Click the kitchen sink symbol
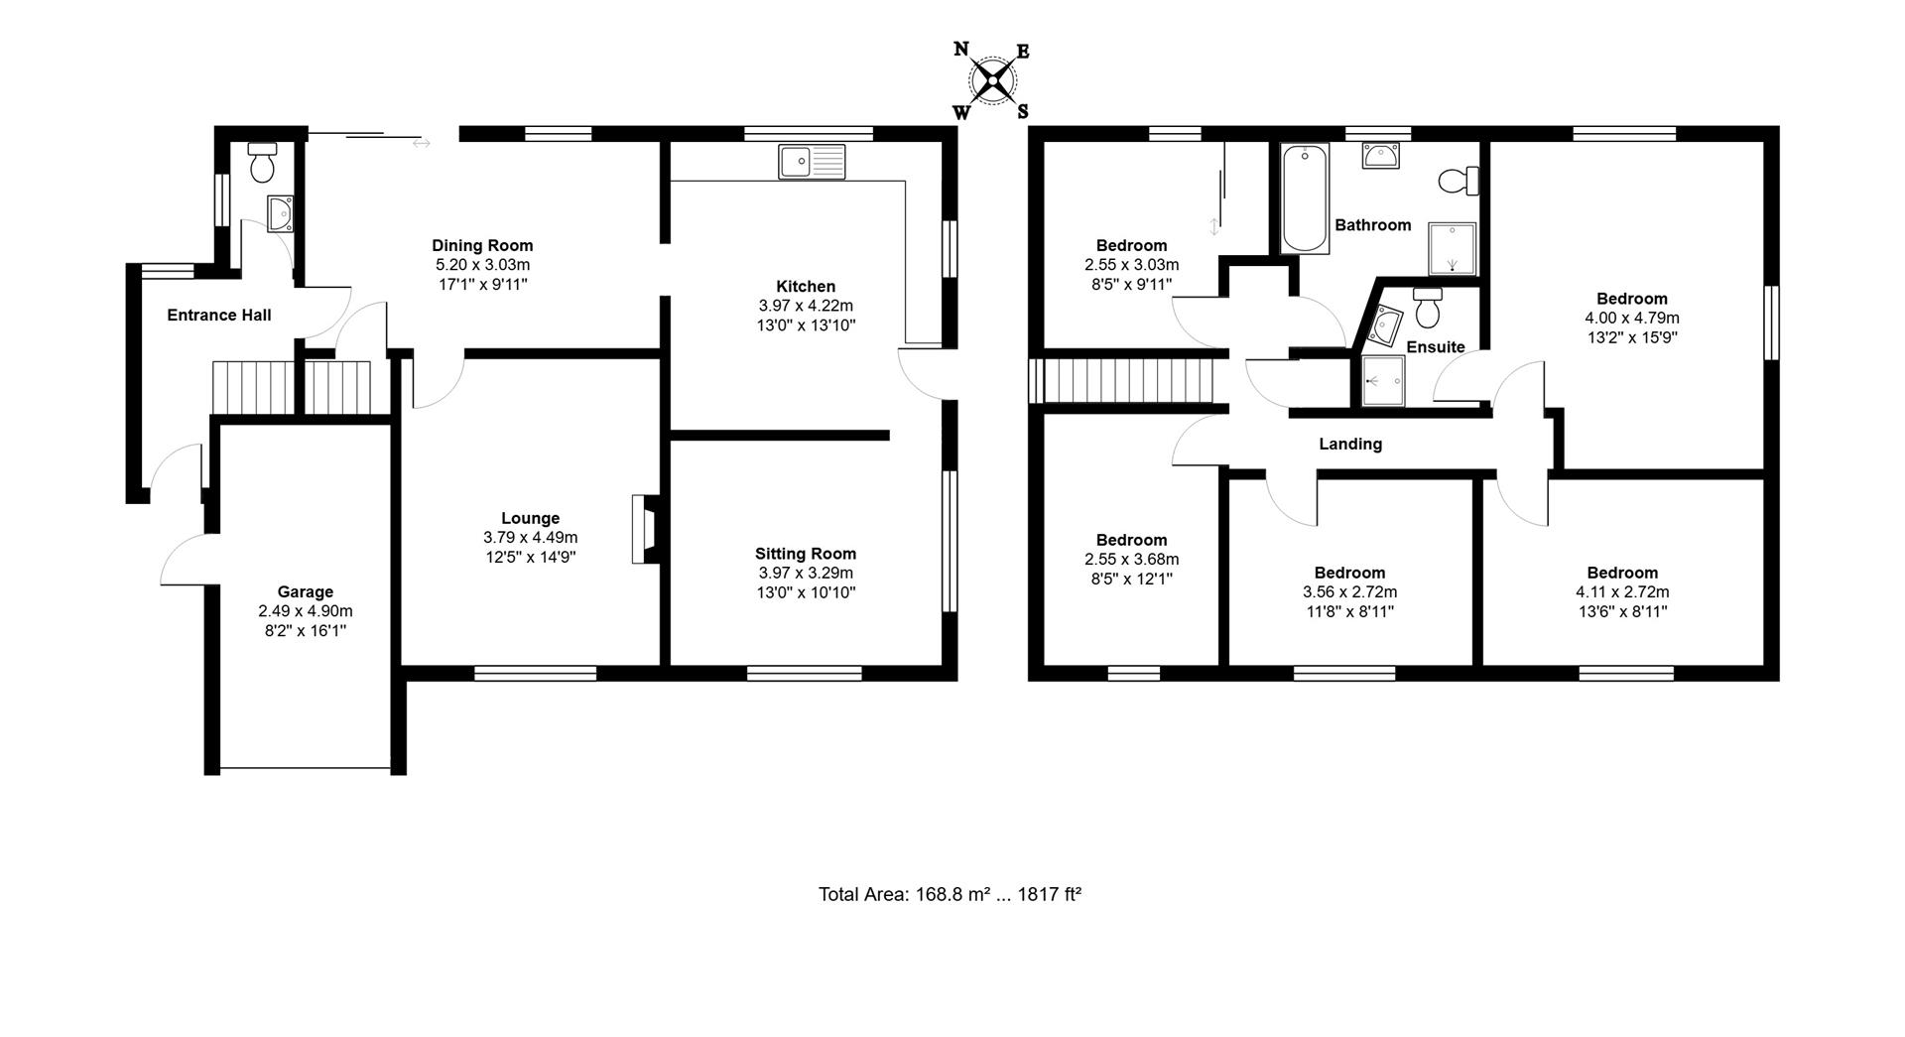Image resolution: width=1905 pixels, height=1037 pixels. tap(812, 161)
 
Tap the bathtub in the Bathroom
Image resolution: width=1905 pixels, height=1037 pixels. tap(1304, 198)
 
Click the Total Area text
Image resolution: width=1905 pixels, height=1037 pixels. tap(949, 894)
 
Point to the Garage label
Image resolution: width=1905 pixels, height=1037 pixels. tap(305, 591)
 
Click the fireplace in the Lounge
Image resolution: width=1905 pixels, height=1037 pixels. tap(644, 530)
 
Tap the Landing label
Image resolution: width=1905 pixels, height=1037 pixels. tap(1349, 444)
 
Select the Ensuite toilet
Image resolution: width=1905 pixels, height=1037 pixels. tap(1428, 308)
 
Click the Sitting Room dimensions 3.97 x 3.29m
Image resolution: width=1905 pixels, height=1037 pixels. tap(805, 573)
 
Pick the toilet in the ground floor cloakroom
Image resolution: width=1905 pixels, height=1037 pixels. tap(262, 164)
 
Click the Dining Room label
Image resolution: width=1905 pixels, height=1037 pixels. tap(482, 245)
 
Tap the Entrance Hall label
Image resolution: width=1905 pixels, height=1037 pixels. tap(218, 315)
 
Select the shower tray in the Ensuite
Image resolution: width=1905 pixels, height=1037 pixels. tap(1382, 381)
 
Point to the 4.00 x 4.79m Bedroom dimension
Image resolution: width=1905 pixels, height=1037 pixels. tap(1631, 319)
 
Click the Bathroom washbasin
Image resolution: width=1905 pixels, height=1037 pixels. tap(1381, 156)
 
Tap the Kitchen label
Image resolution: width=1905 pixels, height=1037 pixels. tap(805, 286)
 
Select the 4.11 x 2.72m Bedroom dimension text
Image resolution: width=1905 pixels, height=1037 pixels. tap(1622, 592)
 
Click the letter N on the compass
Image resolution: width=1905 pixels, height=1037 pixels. tap(960, 49)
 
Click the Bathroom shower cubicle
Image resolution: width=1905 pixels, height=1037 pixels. tap(1452, 248)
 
